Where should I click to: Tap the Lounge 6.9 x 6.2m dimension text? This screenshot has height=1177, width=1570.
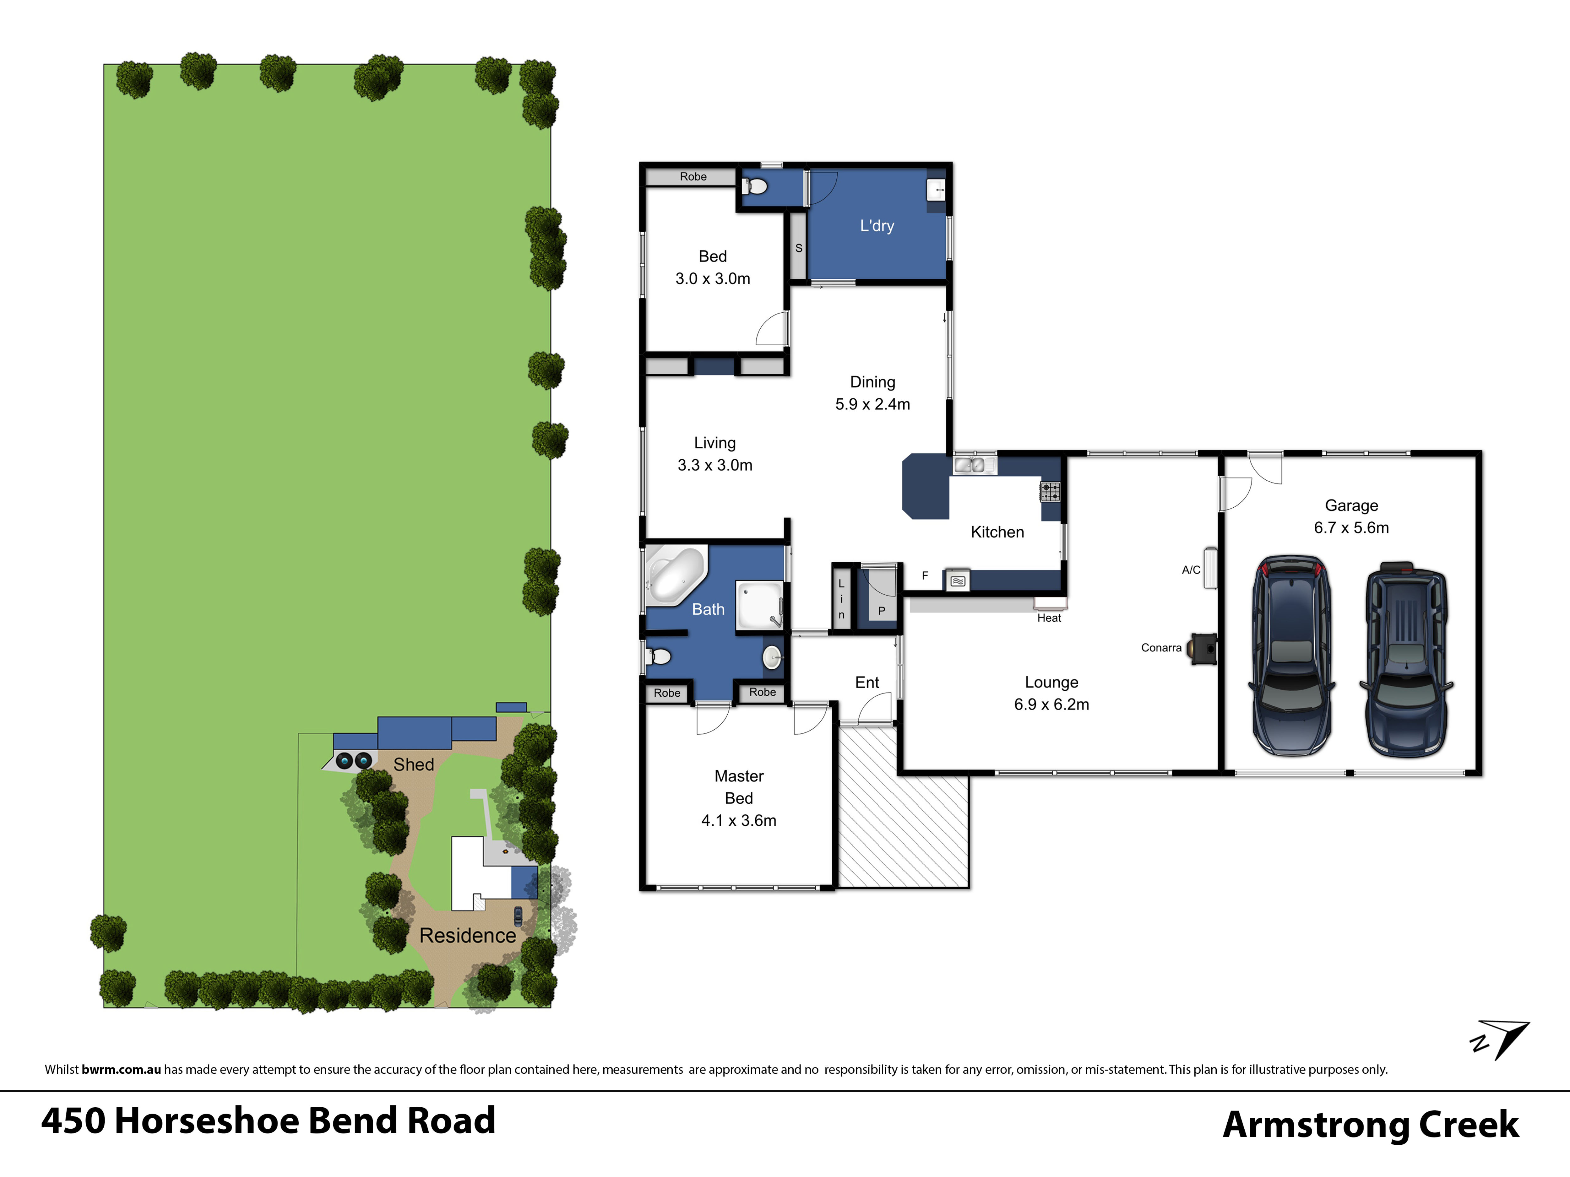pyautogui.click(x=1051, y=705)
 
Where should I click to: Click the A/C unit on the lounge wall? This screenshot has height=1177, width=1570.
pyautogui.click(x=1210, y=568)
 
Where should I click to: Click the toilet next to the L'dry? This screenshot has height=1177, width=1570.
pyautogui.click(x=754, y=186)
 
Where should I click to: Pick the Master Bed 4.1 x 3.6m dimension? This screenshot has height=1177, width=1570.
pyautogui.click(x=739, y=820)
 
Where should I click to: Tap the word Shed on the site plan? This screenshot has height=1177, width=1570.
pyautogui.click(x=414, y=765)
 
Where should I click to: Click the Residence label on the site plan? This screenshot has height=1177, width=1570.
pyautogui.click(x=468, y=936)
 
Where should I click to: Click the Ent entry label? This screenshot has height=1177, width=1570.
pyautogui.click(x=866, y=683)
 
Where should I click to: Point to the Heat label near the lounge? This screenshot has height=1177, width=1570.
pyautogui.click(x=1049, y=618)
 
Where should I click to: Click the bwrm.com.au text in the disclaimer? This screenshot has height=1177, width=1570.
pyautogui.click(x=121, y=1069)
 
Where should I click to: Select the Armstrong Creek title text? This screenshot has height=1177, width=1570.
pyautogui.click(x=1371, y=1125)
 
